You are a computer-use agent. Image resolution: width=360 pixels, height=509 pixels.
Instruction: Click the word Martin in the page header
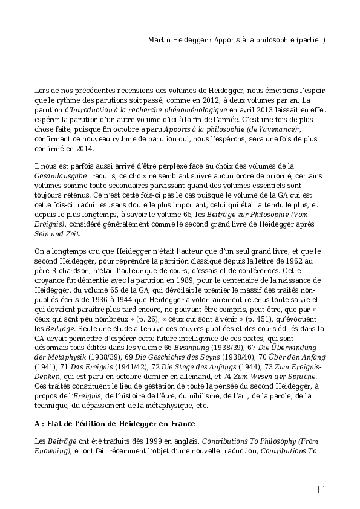160,41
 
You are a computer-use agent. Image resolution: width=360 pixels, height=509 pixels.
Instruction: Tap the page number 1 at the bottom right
324,489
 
